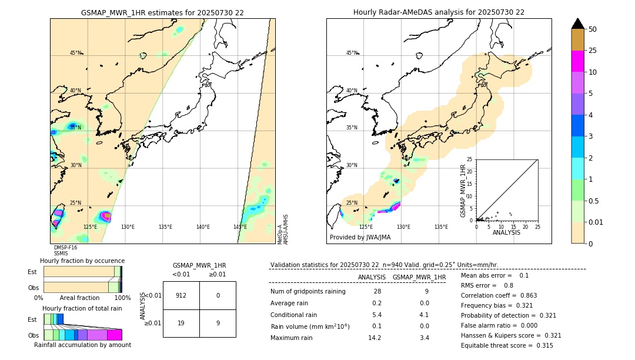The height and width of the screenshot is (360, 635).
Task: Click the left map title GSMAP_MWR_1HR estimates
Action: pos(162,12)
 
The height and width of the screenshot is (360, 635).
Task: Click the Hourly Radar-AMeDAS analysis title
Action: pos(439,12)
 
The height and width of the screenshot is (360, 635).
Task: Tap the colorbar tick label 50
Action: pos(593,29)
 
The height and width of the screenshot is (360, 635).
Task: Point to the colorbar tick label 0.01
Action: pos(596,222)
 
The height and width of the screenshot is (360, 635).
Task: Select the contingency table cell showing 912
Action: pos(181,295)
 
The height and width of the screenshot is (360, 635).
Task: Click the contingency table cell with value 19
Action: pos(181,323)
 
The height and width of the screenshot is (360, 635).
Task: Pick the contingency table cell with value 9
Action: pos(218,323)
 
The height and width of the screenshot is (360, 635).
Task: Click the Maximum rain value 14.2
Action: pos(375,338)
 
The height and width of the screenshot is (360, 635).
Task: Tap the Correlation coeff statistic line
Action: pos(499,295)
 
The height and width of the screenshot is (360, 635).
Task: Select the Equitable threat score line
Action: pos(507,345)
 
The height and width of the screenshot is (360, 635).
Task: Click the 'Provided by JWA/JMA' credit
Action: pos(360,238)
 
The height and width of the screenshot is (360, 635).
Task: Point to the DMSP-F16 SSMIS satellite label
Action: pos(65,251)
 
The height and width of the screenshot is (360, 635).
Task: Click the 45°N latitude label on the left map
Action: pos(75,53)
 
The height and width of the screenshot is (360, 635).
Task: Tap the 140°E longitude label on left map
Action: pos(203,227)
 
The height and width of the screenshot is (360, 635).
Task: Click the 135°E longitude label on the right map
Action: pos(441,227)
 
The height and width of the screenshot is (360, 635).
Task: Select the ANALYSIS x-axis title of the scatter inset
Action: pos(507,232)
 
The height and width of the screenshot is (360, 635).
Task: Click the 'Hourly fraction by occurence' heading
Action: pos(82,261)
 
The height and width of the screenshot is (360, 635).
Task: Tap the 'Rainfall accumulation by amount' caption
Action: pos(82,345)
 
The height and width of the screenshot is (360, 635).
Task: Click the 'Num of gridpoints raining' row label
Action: pos(308,291)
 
